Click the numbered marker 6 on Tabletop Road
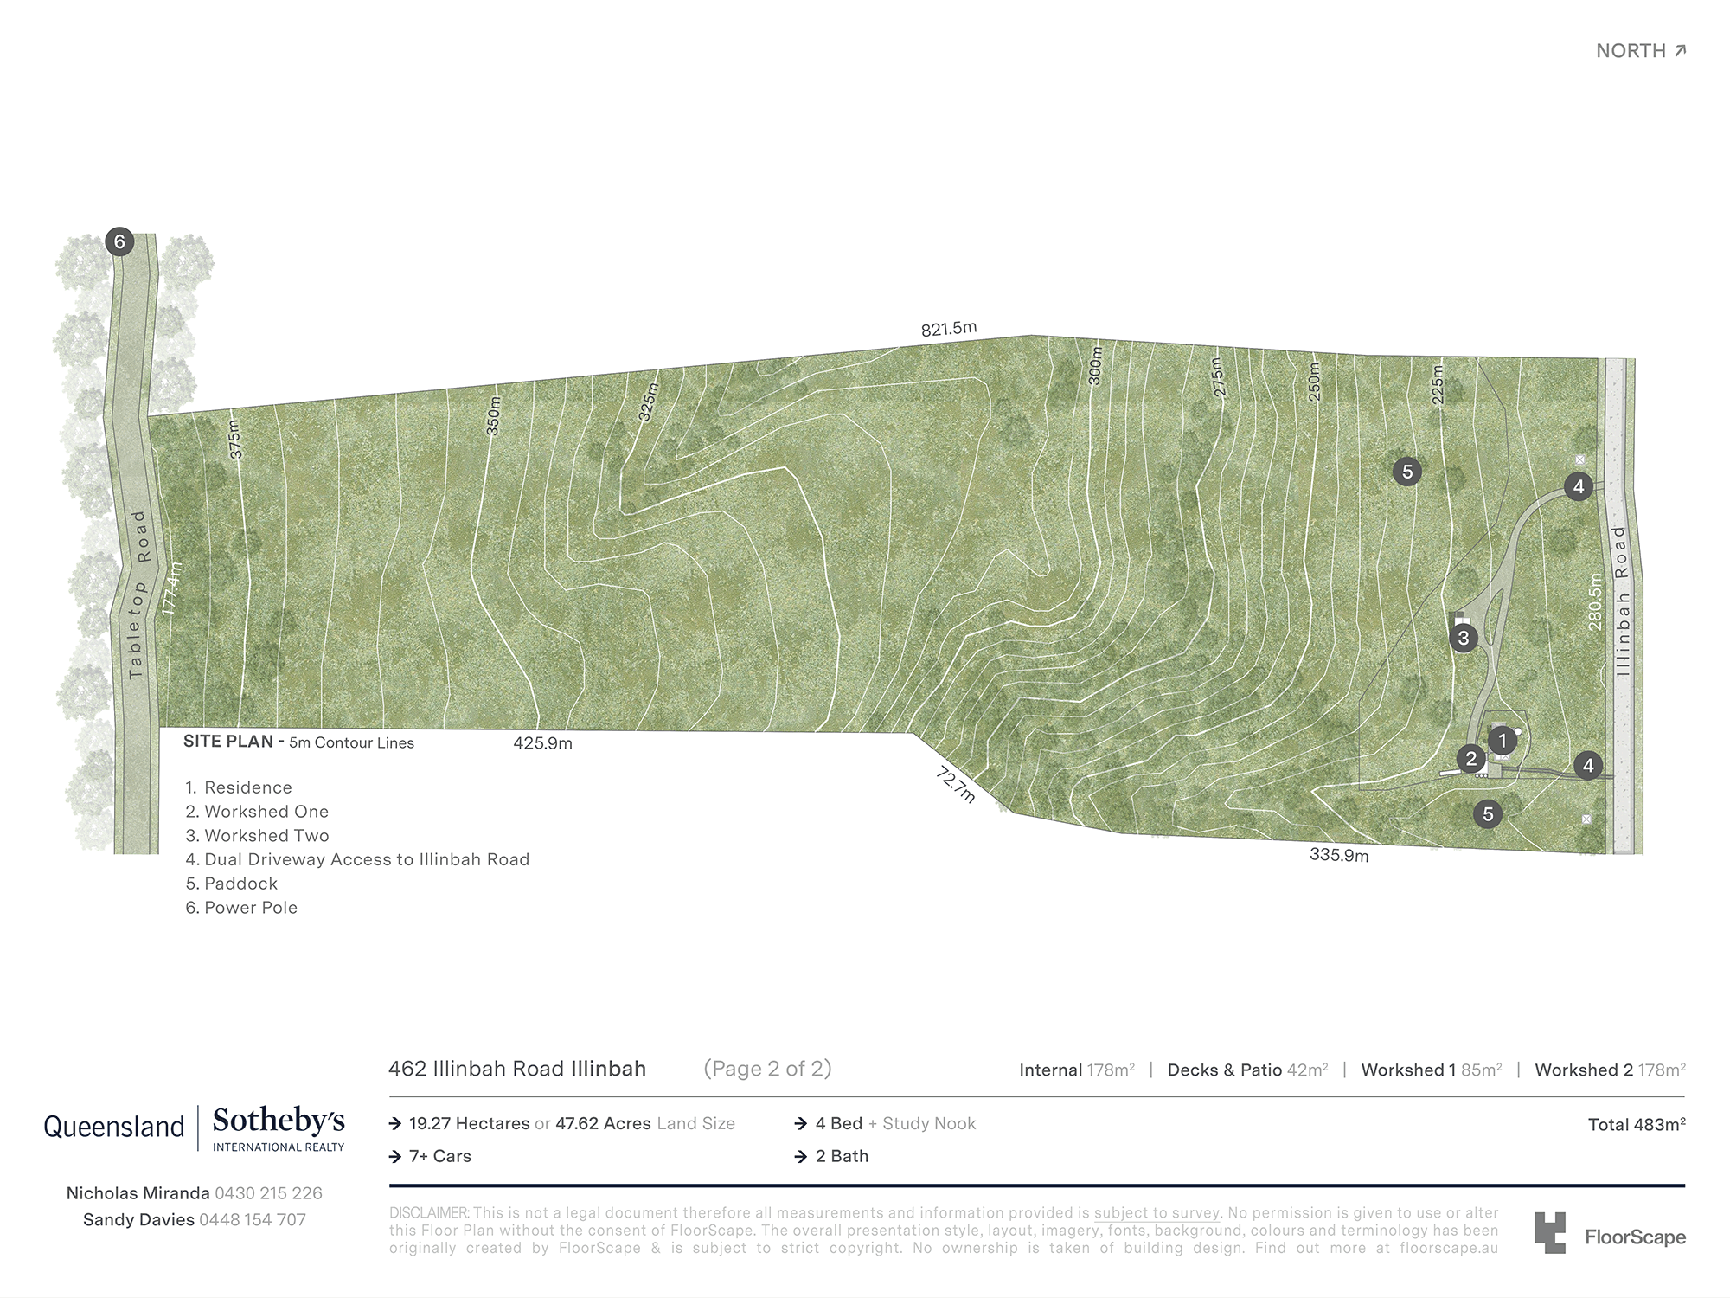[x=119, y=241]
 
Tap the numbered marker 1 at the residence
[x=1503, y=741]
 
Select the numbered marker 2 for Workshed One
[x=1470, y=759]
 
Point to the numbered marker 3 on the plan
[x=1463, y=639]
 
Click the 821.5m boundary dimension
[x=949, y=329]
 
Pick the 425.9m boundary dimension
[x=542, y=743]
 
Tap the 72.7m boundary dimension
[x=956, y=784]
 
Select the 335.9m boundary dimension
[x=1339, y=855]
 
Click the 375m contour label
[x=234, y=440]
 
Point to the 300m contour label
[x=1096, y=366]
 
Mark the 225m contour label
[x=1438, y=384]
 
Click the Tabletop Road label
[x=138, y=594]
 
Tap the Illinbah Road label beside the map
[x=1622, y=601]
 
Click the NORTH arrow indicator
[x=1641, y=51]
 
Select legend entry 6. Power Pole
[x=241, y=908]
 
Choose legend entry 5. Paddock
[x=232, y=884]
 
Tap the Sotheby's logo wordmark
[x=279, y=1121]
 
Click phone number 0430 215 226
[x=268, y=1193]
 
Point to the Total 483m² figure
[x=1636, y=1125]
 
